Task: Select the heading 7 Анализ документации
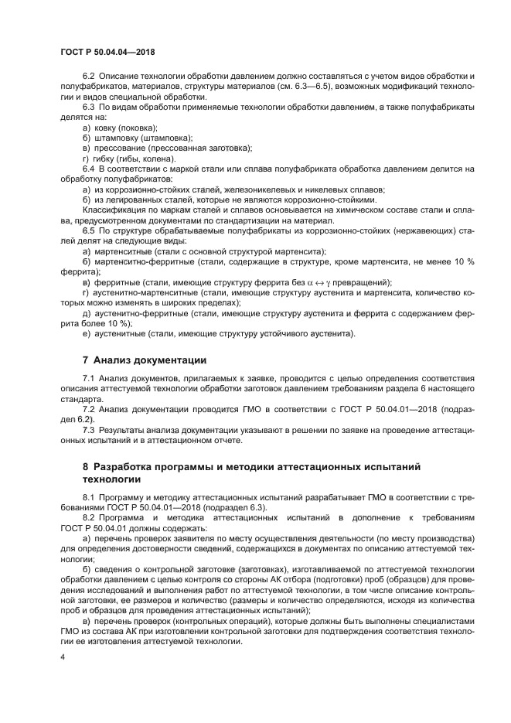point(144,360)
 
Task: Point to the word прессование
point(121,148)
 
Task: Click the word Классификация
point(116,209)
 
